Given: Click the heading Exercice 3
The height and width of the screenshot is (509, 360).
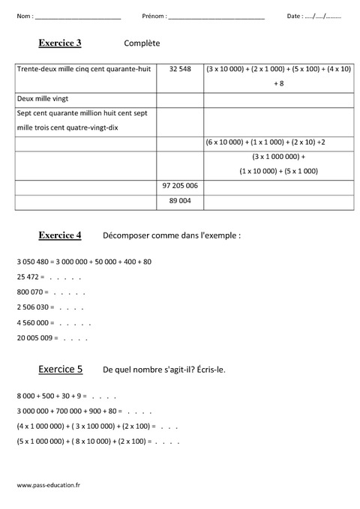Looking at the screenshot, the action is point(59,43).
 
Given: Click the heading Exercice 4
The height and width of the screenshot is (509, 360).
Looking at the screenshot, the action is point(60,235).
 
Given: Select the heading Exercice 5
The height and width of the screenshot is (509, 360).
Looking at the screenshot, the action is point(60,369).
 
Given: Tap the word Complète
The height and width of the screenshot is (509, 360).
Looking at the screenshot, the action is point(142,44).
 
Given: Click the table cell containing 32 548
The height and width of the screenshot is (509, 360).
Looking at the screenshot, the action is point(180,70).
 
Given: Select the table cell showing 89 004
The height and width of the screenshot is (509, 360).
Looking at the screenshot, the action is point(180,201).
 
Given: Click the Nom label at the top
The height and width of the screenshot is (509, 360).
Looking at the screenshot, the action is point(23,16).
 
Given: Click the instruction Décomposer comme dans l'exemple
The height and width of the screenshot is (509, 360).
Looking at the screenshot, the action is point(172,235).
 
